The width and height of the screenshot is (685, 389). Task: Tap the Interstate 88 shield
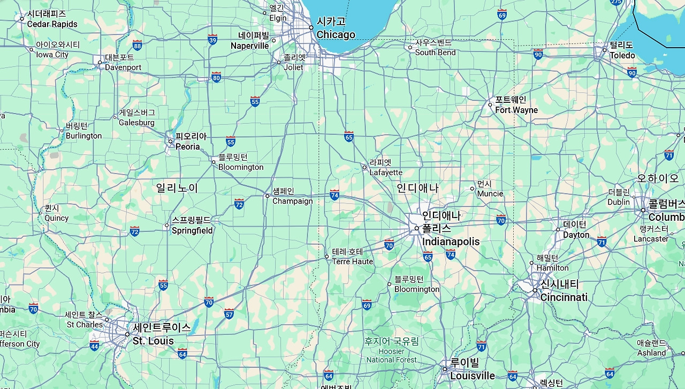(x=138, y=45)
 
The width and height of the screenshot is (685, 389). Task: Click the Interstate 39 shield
(x=212, y=39)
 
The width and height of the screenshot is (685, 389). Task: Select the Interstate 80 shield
(x=216, y=77)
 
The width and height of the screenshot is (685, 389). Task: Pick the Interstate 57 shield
(x=229, y=313)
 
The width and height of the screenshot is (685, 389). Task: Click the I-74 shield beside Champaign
(x=334, y=194)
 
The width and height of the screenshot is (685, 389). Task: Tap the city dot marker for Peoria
(x=171, y=141)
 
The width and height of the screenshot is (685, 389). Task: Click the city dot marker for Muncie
(x=473, y=188)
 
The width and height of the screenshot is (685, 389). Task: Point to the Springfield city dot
(x=167, y=226)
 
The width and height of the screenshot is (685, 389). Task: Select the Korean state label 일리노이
(x=177, y=188)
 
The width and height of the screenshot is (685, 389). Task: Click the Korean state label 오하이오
(x=658, y=178)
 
